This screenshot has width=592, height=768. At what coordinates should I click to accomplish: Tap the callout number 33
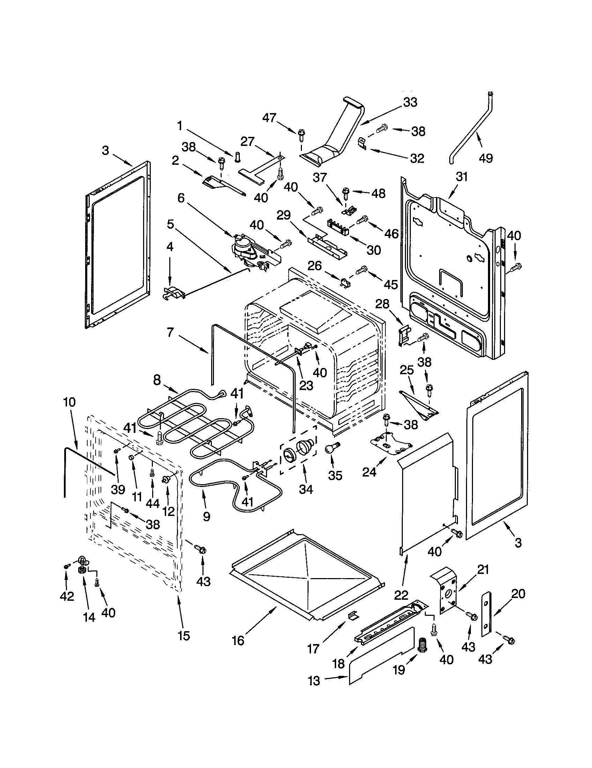[x=410, y=102]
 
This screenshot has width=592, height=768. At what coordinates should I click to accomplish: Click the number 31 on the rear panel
[x=461, y=177]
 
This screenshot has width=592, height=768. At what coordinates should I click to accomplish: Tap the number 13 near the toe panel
[x=314, y=681]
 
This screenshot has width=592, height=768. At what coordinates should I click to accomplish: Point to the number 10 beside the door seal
[x=69, y=402]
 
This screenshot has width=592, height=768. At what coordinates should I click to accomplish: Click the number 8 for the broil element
[x=157, y=380]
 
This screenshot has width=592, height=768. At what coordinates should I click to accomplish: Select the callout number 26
[x=314, y=266]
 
